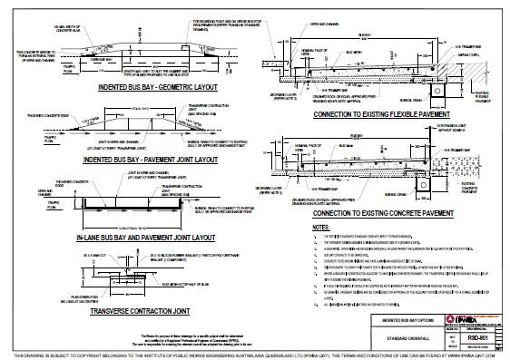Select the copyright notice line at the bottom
[x=254, y=354]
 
